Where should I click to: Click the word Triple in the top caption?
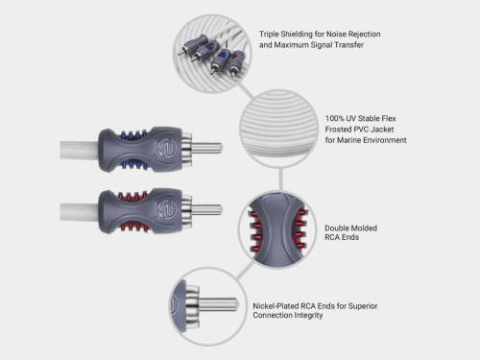pyautogui.click(x=270, y=33)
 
